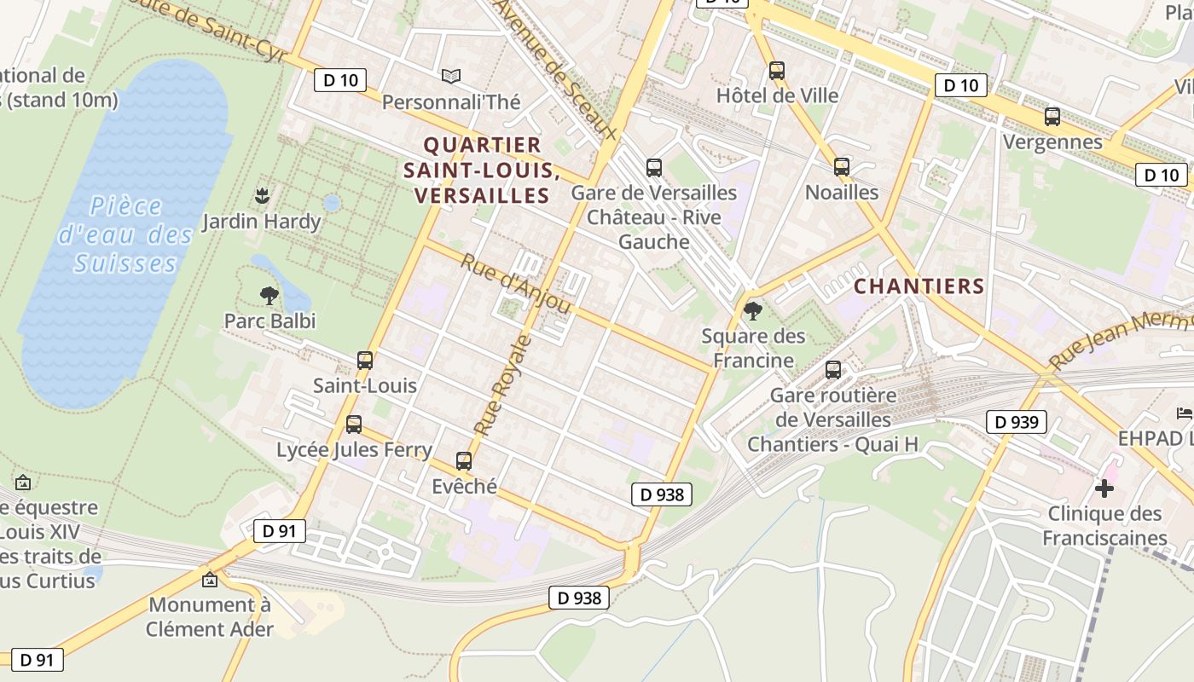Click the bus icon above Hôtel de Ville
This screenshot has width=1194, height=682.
coord(776,71)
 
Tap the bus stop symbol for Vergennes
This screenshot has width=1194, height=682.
coord(1052,117)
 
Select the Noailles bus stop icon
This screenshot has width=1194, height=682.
coord(842,167)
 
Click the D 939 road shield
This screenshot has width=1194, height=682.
coord(1016,421)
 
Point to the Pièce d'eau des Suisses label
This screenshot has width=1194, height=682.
coord(125,234)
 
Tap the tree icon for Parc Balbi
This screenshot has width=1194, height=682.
coord(270,297)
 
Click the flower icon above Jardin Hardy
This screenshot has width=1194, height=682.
coord(262,196)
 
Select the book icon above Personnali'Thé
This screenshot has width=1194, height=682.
coord(451,77)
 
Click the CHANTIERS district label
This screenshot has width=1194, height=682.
coord(919,286)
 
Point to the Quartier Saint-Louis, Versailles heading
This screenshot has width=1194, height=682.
coord(482,170)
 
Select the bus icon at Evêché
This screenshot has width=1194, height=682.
coord(464,461)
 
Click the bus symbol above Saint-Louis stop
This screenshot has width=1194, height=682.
coord(365,361)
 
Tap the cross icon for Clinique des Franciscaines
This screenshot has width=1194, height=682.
coord(1104,488)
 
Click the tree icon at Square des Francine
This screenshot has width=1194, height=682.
coord(752,311)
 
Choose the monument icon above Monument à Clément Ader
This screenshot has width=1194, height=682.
coord(210,581)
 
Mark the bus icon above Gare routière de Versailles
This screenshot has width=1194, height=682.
coord(833,371)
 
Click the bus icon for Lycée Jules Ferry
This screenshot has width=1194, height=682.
coord(354,425)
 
